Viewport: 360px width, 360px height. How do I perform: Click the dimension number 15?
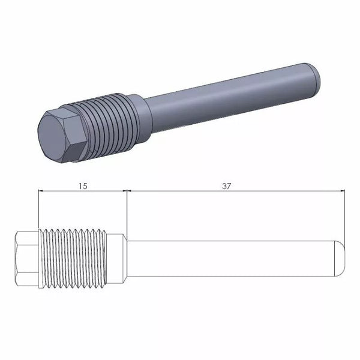pos(83,186)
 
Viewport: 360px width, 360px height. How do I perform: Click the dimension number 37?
pos(227,186)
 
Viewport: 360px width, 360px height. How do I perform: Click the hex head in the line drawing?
pos(26,259)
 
